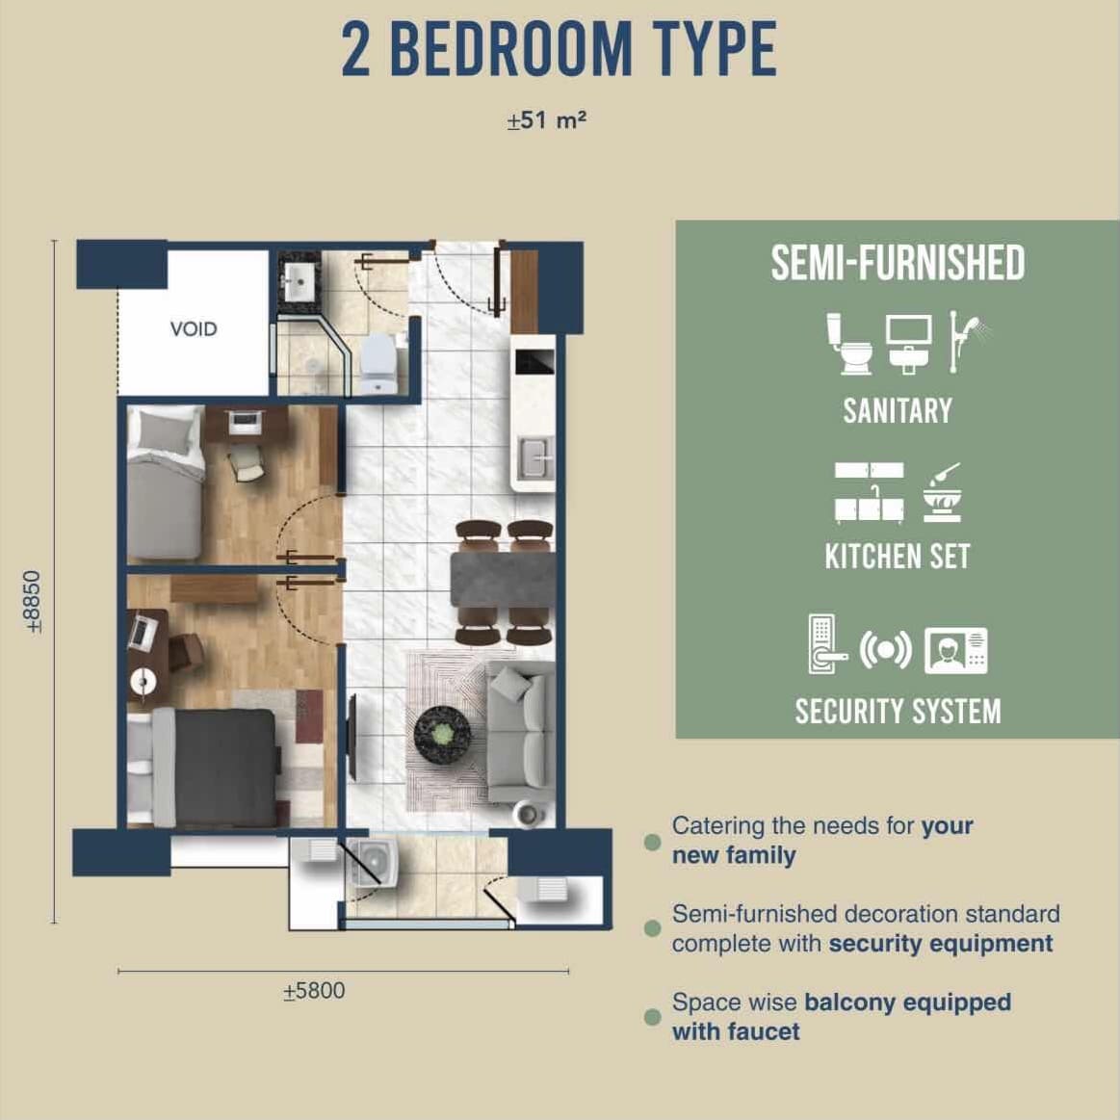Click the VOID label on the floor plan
click(194, 329)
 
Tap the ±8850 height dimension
click(33, 602)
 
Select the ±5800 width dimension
click(314, 991)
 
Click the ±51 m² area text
click(546, 120)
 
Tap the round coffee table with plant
click(443, 735)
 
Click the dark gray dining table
click(503, 580)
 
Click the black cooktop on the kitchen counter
click(534, 362)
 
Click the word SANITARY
click(898, 410)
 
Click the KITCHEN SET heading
click(898, 557)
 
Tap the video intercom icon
click(955, 651)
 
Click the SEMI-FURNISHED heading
click(898, 263)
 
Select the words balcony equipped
click(907, 1003)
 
